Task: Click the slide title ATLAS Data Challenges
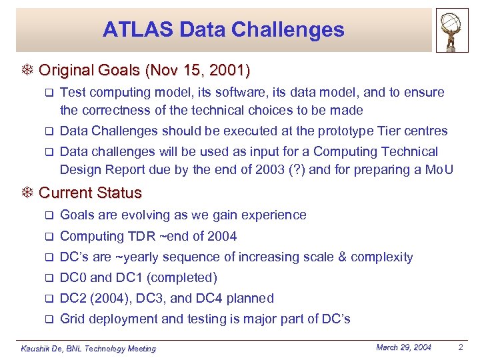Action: click(x=223, y=29)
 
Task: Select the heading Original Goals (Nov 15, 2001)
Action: click(x=145, y=70)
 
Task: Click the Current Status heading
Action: click(x=90, y=193)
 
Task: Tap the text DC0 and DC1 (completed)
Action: click(x=139, y=277)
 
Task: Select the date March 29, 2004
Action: click(x=404, y=347)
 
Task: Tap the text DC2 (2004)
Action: click(x=98, y=298)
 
